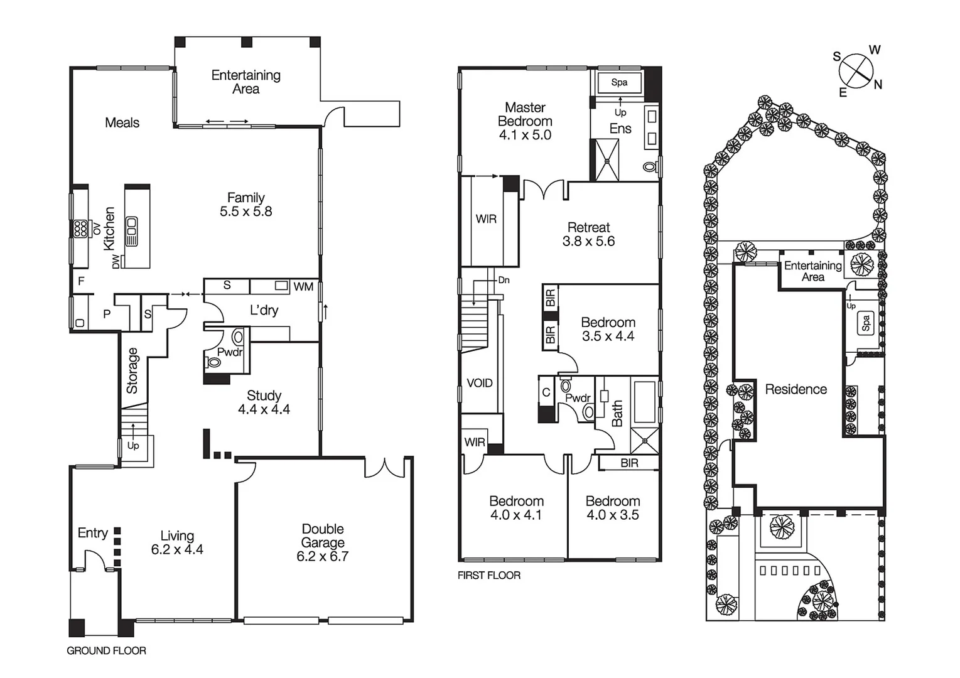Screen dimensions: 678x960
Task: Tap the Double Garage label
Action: [x=322, y=542]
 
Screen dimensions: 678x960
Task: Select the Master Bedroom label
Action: [x=525, y=121]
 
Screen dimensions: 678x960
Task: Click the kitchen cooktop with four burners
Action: [x=80, y=229]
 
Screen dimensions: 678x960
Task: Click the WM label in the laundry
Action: [x=303, y=287]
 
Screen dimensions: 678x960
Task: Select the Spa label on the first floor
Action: [x=619, y=82]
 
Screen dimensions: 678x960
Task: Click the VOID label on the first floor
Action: [x=480, y=383]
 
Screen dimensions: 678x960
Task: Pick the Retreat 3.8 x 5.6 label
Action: [x=588, y=234]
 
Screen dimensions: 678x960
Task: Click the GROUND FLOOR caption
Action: [x=106, y=651]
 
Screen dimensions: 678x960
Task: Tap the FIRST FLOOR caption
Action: [x=488, y=575]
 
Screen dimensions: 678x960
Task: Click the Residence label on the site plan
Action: [x=796, y=389]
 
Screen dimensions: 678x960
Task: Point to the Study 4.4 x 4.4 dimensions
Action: [x=264, y=409]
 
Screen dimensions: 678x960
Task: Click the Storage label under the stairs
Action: [x=132, y=370]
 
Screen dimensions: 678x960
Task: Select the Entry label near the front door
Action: [x=92, y=533]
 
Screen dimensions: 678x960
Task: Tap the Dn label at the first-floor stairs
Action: [x=504, y=280]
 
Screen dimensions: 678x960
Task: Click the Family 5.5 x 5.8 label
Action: [x=245, y=205]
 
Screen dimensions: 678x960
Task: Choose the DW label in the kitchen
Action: [x=116, y=262]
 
